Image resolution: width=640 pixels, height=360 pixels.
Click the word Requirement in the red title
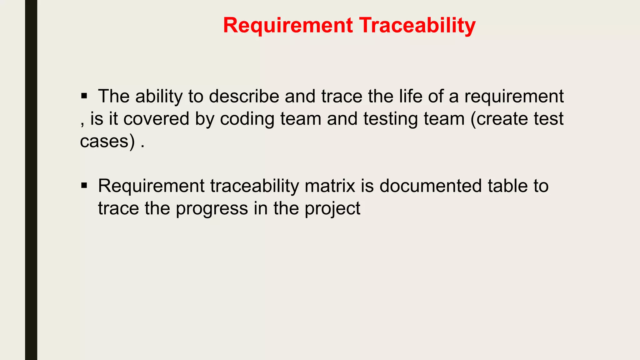coord(288,26)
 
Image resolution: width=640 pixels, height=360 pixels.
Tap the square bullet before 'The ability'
coord(84,96)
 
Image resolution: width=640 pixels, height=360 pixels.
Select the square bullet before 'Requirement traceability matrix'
coord(84,186)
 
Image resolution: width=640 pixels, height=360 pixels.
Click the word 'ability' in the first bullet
coord(159,96)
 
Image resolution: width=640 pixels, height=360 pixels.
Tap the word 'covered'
coord(156,119)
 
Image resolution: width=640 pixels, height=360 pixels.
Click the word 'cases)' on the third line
coord(107,141)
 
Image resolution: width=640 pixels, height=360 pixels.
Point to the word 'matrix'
coord(330,186)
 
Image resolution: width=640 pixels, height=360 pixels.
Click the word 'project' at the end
coord(332,209)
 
